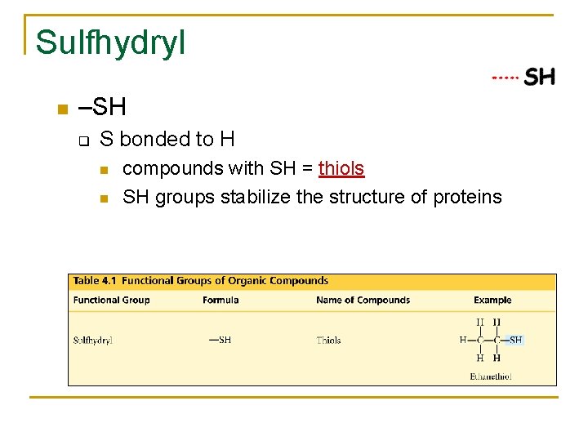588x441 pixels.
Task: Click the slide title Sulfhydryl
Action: click(110, 42)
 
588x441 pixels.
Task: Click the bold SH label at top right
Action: click(540, 78)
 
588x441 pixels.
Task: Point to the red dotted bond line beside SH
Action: click(505, 78)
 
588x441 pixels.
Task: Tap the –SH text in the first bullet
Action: click(102, 108)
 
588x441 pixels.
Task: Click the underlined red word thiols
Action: click(341, 168)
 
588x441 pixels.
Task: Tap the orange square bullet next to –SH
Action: click(60, 109)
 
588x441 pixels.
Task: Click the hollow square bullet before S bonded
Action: click(82, 140)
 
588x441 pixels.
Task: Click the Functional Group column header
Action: click(111, 300)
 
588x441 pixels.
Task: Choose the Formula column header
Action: click(220, 300)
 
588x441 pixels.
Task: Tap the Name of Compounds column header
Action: click(363, 300)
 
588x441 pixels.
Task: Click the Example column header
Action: click(492, 300)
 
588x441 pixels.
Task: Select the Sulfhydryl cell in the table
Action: click(93, 340)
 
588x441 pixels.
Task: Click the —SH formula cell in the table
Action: click(220, 340)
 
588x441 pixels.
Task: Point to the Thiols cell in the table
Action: click(328, 340)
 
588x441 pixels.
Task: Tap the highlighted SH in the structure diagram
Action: click(516, 340)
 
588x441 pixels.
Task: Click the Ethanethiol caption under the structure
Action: click(492, 376)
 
